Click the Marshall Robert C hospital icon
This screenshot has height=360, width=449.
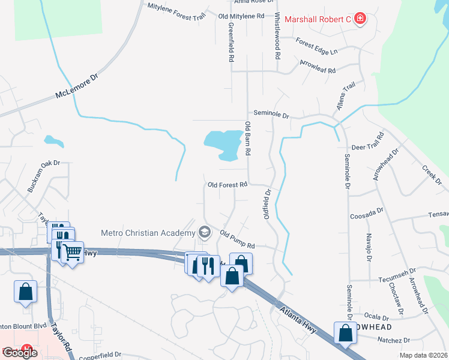click(x=360, y=19)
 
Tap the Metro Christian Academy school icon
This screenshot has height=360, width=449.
click(x=205, y=232)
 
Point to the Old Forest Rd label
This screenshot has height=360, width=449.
click(x=228, y=185)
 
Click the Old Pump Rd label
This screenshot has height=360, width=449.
click(x=238, y=240)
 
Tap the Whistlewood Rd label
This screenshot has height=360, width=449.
click(x=277, y=36)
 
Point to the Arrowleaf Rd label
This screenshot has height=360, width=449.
click(x=318, y=66)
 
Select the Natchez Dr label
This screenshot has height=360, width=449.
click(x=393, y=340)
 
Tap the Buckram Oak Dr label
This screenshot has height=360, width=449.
click(x=44, y=176)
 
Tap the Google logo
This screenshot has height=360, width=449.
click(x=20, y=353)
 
